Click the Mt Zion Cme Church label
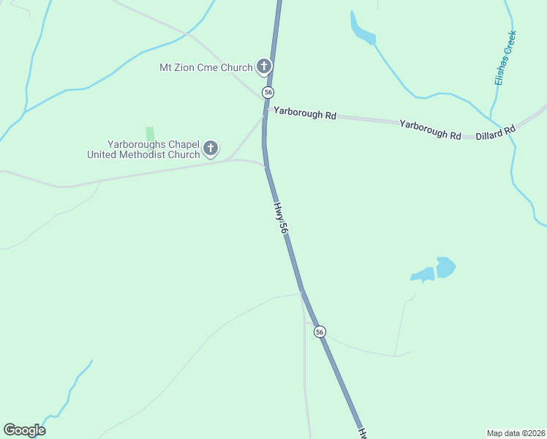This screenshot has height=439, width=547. pyautogui.click(x=205, y=67)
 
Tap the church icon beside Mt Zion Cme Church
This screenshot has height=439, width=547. pyautogui.click(x=263, y=67)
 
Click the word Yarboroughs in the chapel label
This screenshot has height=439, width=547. pyautogui.click(x=135, y=144)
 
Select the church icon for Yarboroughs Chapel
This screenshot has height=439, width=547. pyautogui.click(x=211, y=149)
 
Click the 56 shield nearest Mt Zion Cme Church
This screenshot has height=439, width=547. pyautogui.click(x=268, y=92)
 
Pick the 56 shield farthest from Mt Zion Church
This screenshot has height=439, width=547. pyautogui.click(x=320, y=332)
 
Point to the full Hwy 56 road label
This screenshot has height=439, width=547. pyautogui.click(x=282, y=218)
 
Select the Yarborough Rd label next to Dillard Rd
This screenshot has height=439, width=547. pyautogui.click(x=430, y=130)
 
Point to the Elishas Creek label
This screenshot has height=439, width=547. pyautogui.click(x=505, y=58)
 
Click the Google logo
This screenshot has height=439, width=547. pyautogui.click(x=24, y=430)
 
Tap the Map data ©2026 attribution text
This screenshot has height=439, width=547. pyautogui.click(x=516, y=432)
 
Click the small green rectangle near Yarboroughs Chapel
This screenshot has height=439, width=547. pyautogui.click(x=150, y=134)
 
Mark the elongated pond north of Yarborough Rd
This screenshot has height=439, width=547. pyautogui.click(x=361, y=30)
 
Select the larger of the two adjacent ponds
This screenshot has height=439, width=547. pyautogui.click(x=445, y=267)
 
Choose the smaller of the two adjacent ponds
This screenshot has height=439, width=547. pyautogui.click(x=423, y=275)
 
